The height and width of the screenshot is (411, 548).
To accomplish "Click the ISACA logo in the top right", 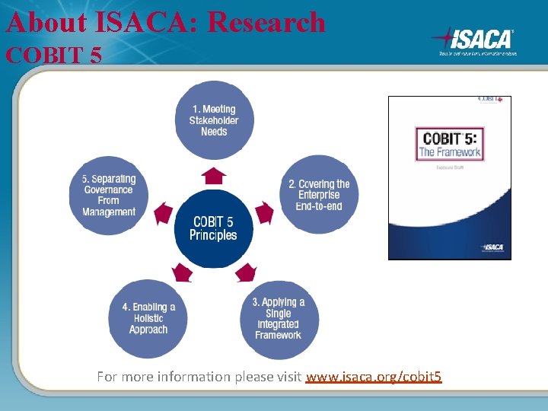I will click(x=474, y=40).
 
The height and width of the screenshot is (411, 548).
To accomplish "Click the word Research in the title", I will click(x=266, y=22).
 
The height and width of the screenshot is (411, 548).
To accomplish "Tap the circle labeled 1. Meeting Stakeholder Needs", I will click(x=214, y=120).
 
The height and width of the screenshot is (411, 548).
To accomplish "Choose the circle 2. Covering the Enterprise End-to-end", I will click(x=319, y=194).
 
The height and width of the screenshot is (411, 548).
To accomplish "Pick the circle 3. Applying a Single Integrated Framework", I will click(x=279, y=318).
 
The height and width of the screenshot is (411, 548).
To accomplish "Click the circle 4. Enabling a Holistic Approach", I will click(x=148, y=318).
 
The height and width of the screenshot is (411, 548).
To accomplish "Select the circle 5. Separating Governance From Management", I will click(x=109, y=196).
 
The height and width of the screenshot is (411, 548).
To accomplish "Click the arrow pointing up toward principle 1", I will click(x=214, y=176).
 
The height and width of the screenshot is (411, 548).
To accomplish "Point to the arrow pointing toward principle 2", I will click(x=263, y=212).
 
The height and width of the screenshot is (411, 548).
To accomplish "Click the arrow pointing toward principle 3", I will click(x=245, y=272).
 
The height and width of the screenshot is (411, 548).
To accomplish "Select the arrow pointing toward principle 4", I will click(x=183, y=272).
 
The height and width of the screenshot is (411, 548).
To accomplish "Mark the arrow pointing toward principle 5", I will click(x=164, y=213).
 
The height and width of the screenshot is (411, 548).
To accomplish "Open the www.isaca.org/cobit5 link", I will click(x=373, y=377).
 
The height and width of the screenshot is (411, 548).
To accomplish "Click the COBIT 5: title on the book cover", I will click(x=449, y=138).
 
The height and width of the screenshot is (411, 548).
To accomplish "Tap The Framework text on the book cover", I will click(x=449, y=152).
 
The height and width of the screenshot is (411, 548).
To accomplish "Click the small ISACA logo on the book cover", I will click(x=495, y=248).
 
